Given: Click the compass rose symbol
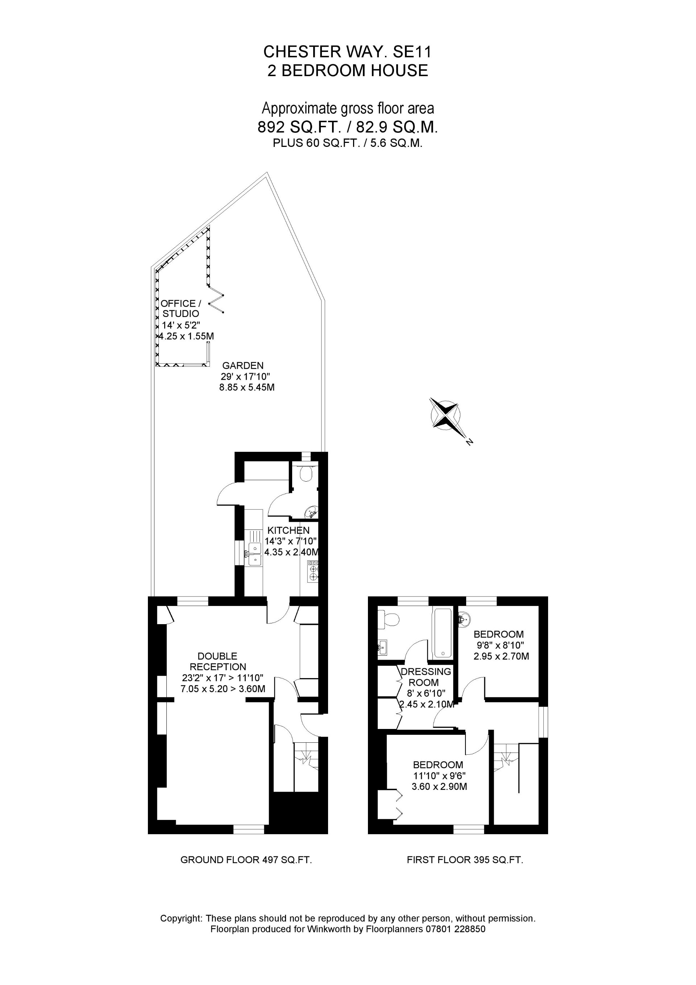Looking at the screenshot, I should coord(446,413).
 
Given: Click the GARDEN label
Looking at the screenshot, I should coord(243,366).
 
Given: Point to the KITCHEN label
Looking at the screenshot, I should coord(288,530).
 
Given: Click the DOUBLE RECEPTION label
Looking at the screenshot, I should coord(218,661).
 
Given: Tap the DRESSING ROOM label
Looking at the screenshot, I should coord(426,676).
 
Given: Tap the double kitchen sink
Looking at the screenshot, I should coord(254,554).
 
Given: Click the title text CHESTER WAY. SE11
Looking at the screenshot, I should coord(347,52).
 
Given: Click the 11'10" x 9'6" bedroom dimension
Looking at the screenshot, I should coord(439,775).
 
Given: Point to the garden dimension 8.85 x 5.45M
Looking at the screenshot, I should coord(246,387).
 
